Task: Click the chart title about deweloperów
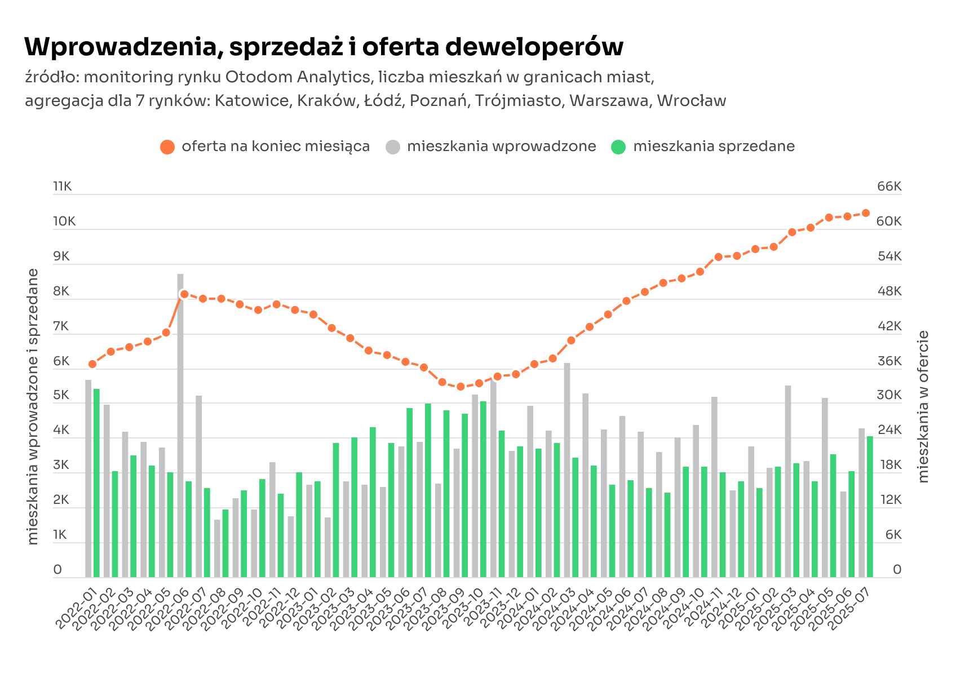[x=324, y=47]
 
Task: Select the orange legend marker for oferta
[x=167, y=147]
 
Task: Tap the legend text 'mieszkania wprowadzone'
[x=501, y=147]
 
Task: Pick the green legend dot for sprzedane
[x=618, y=147]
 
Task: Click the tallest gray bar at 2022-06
[x=180, y=426]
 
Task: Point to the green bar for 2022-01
[x=96, y=483]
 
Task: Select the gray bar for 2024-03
[x=567, y=470]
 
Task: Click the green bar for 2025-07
[x=870, y=507]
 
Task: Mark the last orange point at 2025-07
[x=866, y=213]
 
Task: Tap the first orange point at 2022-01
[x=92, y=364]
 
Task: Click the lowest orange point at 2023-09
[x=461, y=387]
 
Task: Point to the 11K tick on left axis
[x=63, y=187]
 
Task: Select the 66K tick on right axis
[x=889, y=187]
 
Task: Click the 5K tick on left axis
[x=61, y=395]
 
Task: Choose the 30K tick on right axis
[x=889, y=395]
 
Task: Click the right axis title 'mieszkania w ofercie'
[x=923, y=406]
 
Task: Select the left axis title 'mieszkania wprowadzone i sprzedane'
[x=33, y=406]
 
